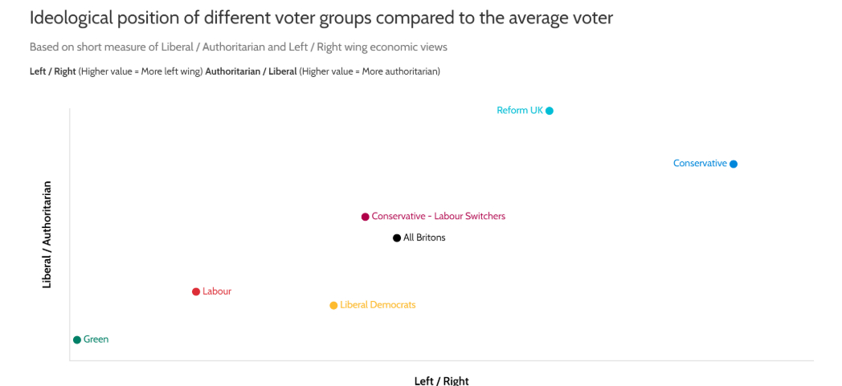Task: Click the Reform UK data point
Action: (x=550, y=111)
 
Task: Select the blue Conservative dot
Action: (x=734, y=164)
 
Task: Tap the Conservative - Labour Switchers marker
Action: (x=365, y=217)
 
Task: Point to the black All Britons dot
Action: (x=397, y=238)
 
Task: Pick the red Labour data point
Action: (x=196, y=292)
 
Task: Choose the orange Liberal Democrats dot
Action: (x=333, y=306)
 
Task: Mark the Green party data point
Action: (x=77, y=340)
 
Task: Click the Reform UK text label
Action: (x=520, y=111)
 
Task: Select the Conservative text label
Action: (x=700, y=164)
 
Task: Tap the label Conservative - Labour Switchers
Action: (x=439, y=217)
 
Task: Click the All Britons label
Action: (x=424, y=238)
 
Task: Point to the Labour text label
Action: (x=217, y=292)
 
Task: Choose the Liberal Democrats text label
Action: (x=378, y=306)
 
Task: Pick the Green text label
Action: (x=96, y=340)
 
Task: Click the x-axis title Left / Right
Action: (x=441, y=380)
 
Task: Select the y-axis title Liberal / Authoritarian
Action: (x=47, y=234)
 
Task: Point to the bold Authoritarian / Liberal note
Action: (x=251, y=71)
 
